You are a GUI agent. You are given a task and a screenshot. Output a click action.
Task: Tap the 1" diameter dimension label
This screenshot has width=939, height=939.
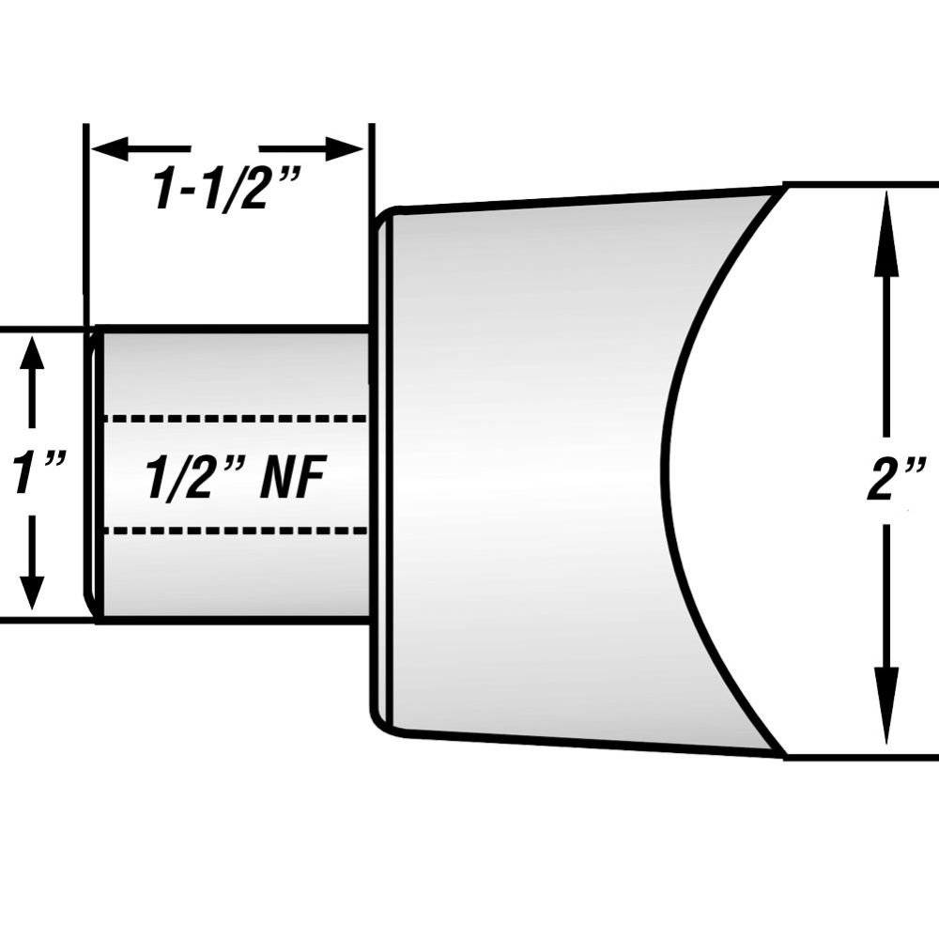[x=38, y=473]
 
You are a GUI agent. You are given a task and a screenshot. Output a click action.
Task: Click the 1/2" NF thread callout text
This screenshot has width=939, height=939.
[x=236, y=477]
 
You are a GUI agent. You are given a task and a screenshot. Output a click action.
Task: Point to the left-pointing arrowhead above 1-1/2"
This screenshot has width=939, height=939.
[x=110, y=148]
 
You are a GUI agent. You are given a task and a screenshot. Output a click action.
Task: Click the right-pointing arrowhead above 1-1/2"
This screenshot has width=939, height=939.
[x=345, y=148]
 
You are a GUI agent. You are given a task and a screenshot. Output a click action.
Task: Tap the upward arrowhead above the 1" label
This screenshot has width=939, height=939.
[x=32, y=356]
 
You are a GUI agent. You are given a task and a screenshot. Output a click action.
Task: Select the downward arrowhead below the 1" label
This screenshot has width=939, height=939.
[x=32, y=592]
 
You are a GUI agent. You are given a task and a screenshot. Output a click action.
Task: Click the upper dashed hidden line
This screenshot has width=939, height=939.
[x=236, y=419]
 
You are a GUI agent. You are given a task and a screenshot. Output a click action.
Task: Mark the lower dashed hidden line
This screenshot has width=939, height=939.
[x=236, y=531]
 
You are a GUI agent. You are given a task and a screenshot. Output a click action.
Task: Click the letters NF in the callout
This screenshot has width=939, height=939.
[x=292, y=477]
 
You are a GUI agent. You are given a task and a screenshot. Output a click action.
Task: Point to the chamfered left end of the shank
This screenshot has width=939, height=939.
[x=93, y=472]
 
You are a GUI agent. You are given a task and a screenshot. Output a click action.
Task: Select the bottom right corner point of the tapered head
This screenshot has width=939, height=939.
[x=784, y=756]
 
